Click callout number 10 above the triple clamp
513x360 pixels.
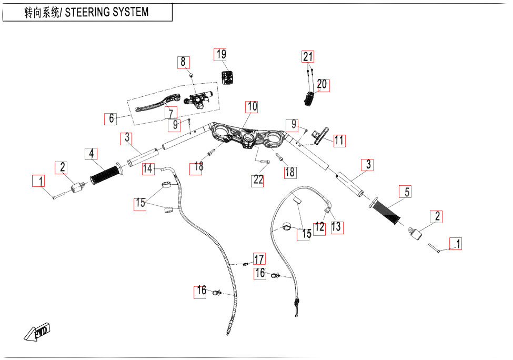252,107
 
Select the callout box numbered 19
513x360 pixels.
220,54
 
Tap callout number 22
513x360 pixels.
258,180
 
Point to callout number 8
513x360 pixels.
183,62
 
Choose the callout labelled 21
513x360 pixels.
308,57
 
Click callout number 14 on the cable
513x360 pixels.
148,169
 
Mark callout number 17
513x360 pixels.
259,259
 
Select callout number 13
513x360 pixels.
336,227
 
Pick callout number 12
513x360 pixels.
319,227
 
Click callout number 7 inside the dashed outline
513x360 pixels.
170,113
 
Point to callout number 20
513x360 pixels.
322,84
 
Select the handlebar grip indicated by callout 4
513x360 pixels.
105,174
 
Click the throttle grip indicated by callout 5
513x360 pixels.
387,211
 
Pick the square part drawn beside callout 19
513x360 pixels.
227,77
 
